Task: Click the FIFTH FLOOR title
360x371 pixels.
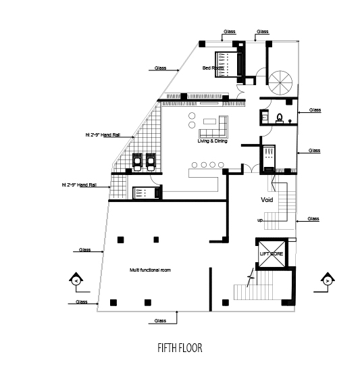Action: tap(180, 348)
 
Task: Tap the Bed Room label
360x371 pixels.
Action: tap(213, 68)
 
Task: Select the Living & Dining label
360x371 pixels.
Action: tap(212, 141)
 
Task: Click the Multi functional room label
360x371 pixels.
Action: tap(150, 270)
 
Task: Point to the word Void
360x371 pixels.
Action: tap(267, 200)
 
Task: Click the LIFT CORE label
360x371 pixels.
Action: tap(272, 254)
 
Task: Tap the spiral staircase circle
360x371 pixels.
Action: tap(280, 83)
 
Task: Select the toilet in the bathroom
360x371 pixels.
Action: tap(280, 118)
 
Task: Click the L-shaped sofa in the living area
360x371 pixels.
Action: tap(213, 127)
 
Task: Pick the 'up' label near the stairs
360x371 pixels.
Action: tap(260, 220)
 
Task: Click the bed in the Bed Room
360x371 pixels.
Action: tap(229, 64)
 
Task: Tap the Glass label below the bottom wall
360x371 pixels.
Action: tap(160, 321)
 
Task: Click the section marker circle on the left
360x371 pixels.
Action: tap(76, 281)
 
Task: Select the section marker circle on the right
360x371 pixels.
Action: tap(328, 281)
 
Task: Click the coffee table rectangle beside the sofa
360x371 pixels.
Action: tap(210, 122)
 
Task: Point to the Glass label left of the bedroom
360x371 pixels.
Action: tap(160, 68)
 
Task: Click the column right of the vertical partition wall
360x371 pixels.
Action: tap(226, 302)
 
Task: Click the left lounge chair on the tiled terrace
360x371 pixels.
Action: tap(137, 162)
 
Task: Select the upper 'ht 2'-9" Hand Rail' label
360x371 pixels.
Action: tap(103, 135)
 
